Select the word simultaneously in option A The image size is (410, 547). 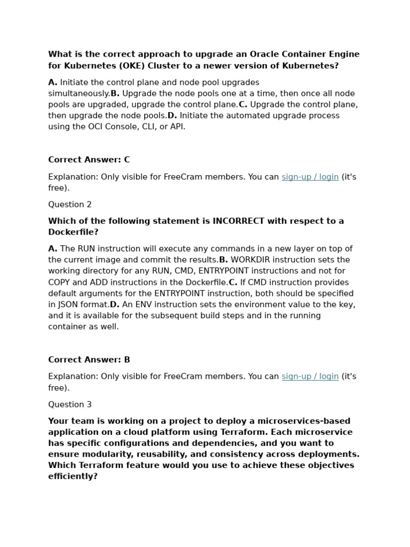[78, 93]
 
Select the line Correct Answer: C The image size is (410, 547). [89, 160]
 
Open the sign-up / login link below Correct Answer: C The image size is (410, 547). [310, 177]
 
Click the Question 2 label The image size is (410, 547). [70, 205]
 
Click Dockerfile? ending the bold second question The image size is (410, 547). [73, 232]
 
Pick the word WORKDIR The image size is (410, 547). [249, 260]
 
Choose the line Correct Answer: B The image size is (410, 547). [89, 360]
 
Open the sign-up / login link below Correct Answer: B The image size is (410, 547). [310, 377]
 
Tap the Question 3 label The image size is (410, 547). [70, 404]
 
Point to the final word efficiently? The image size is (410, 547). [73, 476]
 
